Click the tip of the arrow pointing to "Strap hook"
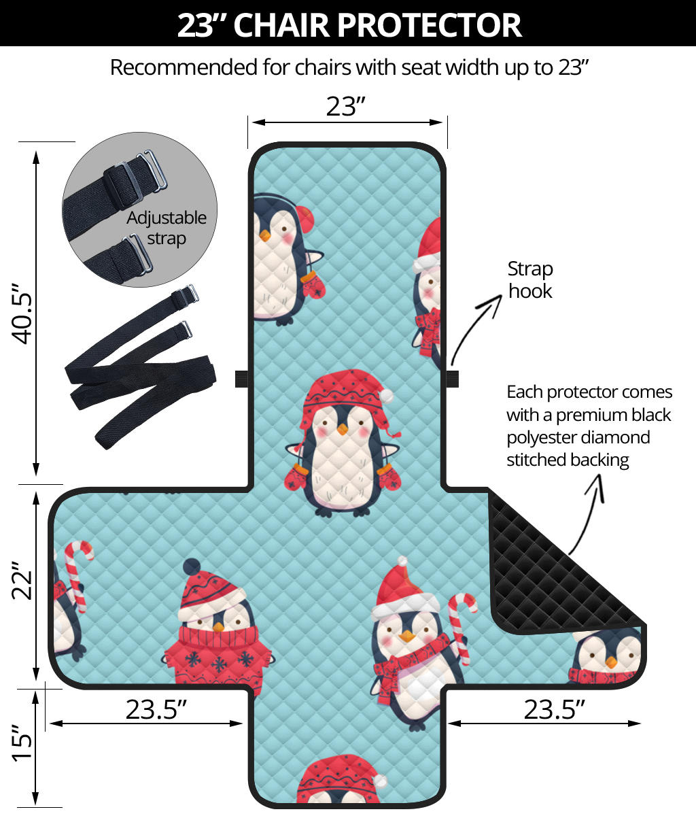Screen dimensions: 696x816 click(x=502, y=295)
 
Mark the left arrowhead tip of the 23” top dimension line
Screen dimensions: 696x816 click(x=252, y=122)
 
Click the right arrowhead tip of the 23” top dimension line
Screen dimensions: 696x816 click(x=442, y=122)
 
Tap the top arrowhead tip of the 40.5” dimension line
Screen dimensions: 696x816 click(x=36, y=151)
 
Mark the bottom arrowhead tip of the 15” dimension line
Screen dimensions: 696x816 click(x=36, y=804)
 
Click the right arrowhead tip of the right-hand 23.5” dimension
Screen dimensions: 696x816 click(x=641, y=724)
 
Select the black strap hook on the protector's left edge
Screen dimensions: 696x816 click(x=242, y=379)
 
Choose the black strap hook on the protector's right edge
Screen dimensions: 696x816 click(x=452, y=379)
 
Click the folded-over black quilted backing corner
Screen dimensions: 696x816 click(x=560, y=568)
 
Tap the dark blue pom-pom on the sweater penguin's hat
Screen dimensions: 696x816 click(x=192, y=567)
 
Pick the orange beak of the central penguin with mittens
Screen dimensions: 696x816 click(x=343, y=429)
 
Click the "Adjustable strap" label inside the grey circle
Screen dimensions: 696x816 click(x=166, y=228)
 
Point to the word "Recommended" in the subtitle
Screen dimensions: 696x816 click(x=184, y=67)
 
